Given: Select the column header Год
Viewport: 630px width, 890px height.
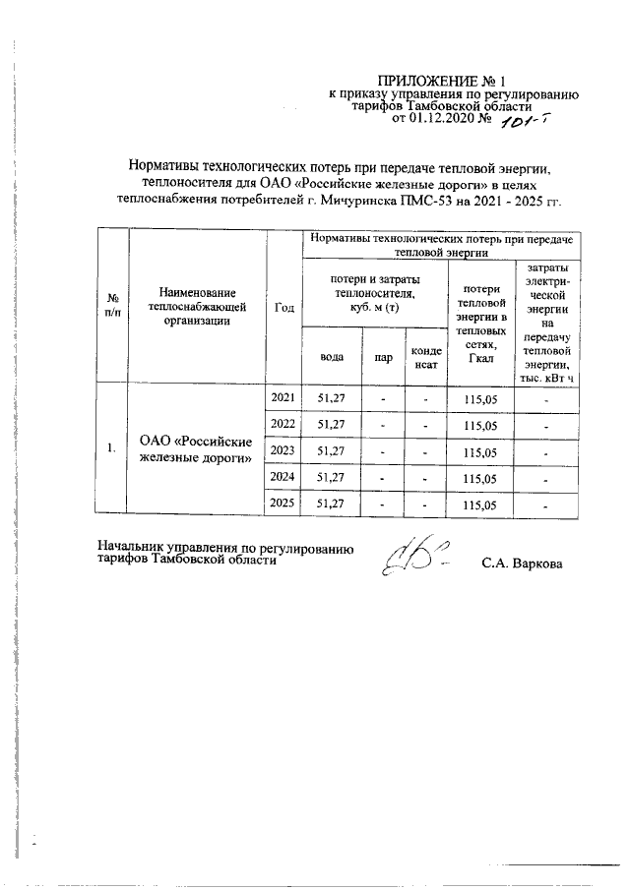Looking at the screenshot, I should click(x=284, y=306).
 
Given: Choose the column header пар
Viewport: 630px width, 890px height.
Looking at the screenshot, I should click(x=383, y=359).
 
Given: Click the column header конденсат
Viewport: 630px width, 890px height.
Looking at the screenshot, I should click(x=425, y=359).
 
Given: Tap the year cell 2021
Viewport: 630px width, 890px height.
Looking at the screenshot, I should click(x=283, y=397).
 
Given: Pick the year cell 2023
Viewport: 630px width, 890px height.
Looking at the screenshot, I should click(x=283, y=449).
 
